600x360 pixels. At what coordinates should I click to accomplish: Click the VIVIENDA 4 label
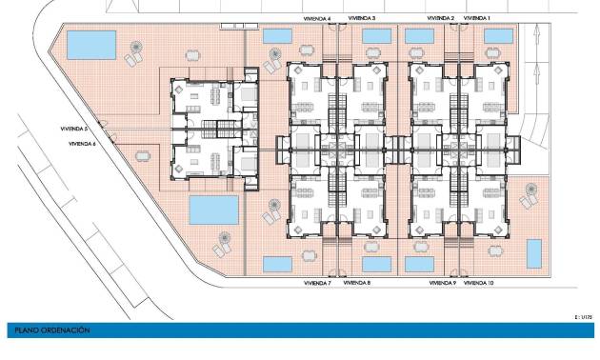click(316, 18)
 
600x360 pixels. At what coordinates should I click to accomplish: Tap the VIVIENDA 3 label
click(362, 18)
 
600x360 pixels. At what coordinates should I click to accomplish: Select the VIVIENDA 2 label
click(441, 18)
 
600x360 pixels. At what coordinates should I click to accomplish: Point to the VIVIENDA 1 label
click(476, 18)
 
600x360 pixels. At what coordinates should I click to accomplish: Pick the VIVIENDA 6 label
click(82, 143)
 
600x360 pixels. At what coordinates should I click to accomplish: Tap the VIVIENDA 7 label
click(316, 283)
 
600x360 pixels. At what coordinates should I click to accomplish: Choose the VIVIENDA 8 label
click(357, 283)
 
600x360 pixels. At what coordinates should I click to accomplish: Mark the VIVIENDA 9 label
click(442, 283)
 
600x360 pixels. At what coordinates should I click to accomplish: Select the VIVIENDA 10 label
click(479, 283)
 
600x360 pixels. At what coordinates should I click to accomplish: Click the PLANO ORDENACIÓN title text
click(52, 330)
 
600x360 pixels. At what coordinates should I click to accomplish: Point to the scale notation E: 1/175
click(583, 314)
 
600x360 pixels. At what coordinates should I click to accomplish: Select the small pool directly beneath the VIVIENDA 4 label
click(276, 36)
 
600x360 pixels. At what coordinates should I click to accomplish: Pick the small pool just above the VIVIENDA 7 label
click(276, 263)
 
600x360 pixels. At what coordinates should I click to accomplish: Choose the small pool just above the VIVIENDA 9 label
click(419, 263)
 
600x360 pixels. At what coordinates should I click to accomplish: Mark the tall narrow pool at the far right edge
click(534, 253)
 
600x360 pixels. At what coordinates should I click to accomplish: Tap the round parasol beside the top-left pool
click(139, 49)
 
